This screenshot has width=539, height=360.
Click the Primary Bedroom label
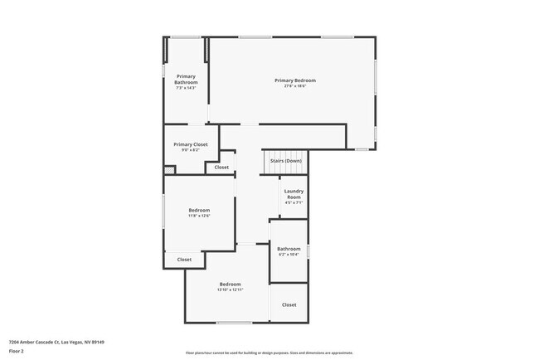pos(295,80)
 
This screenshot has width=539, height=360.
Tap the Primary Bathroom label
pos(186,80)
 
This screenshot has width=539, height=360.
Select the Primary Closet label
pos(191,144)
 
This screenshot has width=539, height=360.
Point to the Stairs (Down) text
pos(293,160)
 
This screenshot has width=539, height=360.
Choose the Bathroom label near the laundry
pos(289,248)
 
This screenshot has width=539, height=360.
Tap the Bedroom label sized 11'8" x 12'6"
pos(199,210)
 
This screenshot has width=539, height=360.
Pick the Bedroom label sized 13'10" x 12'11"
pos(230,284)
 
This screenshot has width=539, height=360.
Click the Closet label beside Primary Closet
pos(221,168)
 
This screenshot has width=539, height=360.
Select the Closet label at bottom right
pos(289,304)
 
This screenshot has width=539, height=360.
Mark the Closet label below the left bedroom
pos(184,260)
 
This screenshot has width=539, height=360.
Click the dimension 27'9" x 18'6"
pos(295,86)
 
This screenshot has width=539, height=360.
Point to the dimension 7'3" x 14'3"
pos(186,89)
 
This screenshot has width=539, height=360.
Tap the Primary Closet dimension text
pos(191,150)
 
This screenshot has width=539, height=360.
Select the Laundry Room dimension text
pos(294,202)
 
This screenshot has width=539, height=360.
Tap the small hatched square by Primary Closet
pos(169,169)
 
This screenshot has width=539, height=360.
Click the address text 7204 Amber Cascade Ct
pos(56,341)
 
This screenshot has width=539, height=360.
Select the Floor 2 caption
pos(17,351)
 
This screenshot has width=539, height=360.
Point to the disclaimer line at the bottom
pos(269,353)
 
